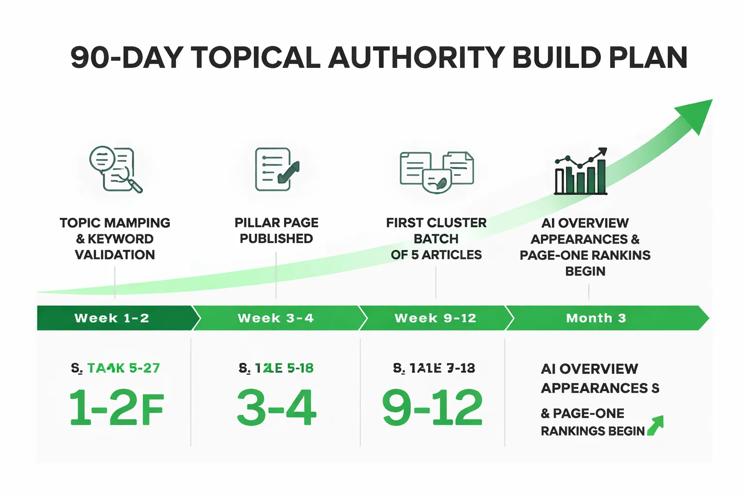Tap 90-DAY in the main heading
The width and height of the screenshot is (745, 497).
pyautogui.click(x=127, y=58)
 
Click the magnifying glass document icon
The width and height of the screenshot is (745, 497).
pyautogui.click(x=115, y=169)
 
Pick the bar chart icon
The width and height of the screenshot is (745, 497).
pyautogui.click(x=581, y=172)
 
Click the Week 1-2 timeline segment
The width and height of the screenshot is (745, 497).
pyautogui.click(x=112, y=318)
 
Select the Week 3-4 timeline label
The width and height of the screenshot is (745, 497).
pyautogui.click(x=275, y=318)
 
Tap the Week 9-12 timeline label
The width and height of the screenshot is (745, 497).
pyautogui.click(x=436, y=318)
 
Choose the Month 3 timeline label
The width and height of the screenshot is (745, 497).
pyautogui.click(x=596, y=318)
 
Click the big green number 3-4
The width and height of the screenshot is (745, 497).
pyautogui.click(x=276, y=408)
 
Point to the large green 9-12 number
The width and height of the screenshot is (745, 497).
pyautogui.click(x=433, y=408)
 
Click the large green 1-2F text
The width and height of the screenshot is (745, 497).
pyautogui.click(x=116, y=408)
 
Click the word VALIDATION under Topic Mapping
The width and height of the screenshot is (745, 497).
pyautogui.click(x=115, y=255)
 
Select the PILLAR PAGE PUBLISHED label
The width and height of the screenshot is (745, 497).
pyautogui.click(x=276, y=231)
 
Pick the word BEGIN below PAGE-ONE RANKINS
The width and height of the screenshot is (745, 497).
pyautogui.click(x=585, y=271)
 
